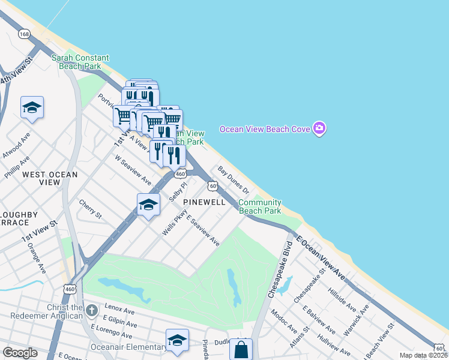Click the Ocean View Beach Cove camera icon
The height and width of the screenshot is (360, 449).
319,128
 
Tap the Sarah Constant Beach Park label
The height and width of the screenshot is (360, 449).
80,62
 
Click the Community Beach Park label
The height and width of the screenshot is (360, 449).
260,207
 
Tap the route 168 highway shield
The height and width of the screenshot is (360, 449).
24,34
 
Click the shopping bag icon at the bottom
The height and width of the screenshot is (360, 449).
241,349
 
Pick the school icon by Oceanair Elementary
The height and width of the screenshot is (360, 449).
177,340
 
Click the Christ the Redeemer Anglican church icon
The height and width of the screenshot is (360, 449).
91,311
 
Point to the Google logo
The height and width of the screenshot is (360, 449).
20,353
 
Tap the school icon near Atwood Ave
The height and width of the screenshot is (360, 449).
32,107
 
